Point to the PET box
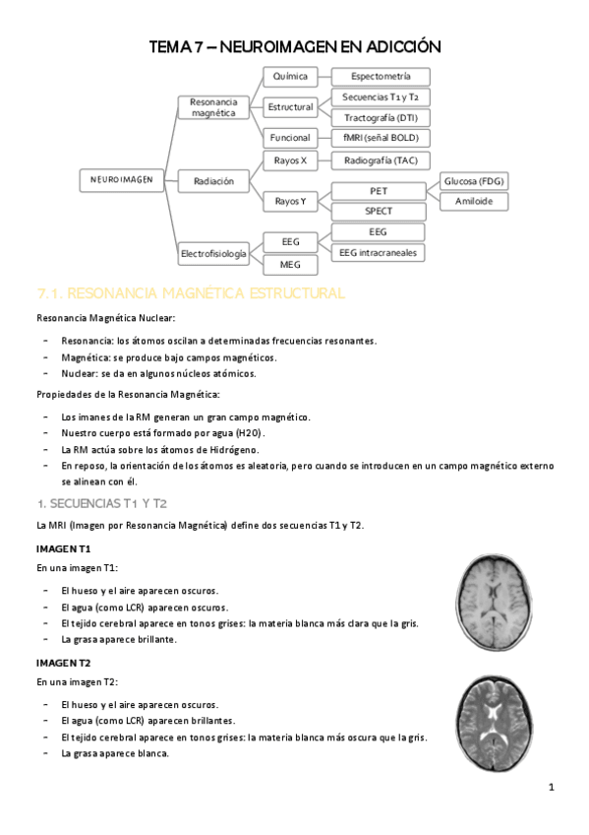tap(379, 190)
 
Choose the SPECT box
tap(379, 211)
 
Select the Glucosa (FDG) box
tap(474, 181)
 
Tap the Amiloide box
tap(474, 201)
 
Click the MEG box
tap(290, 264)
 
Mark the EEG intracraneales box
tap(379, 253)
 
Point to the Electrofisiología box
tap(213, 254)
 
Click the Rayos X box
tap(290, 160)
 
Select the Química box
tap(290, 76)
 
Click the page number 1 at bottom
tap(552, 788)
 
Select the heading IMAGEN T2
tap(64, 663)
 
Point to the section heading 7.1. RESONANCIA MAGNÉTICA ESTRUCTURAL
tap(190, 293)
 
